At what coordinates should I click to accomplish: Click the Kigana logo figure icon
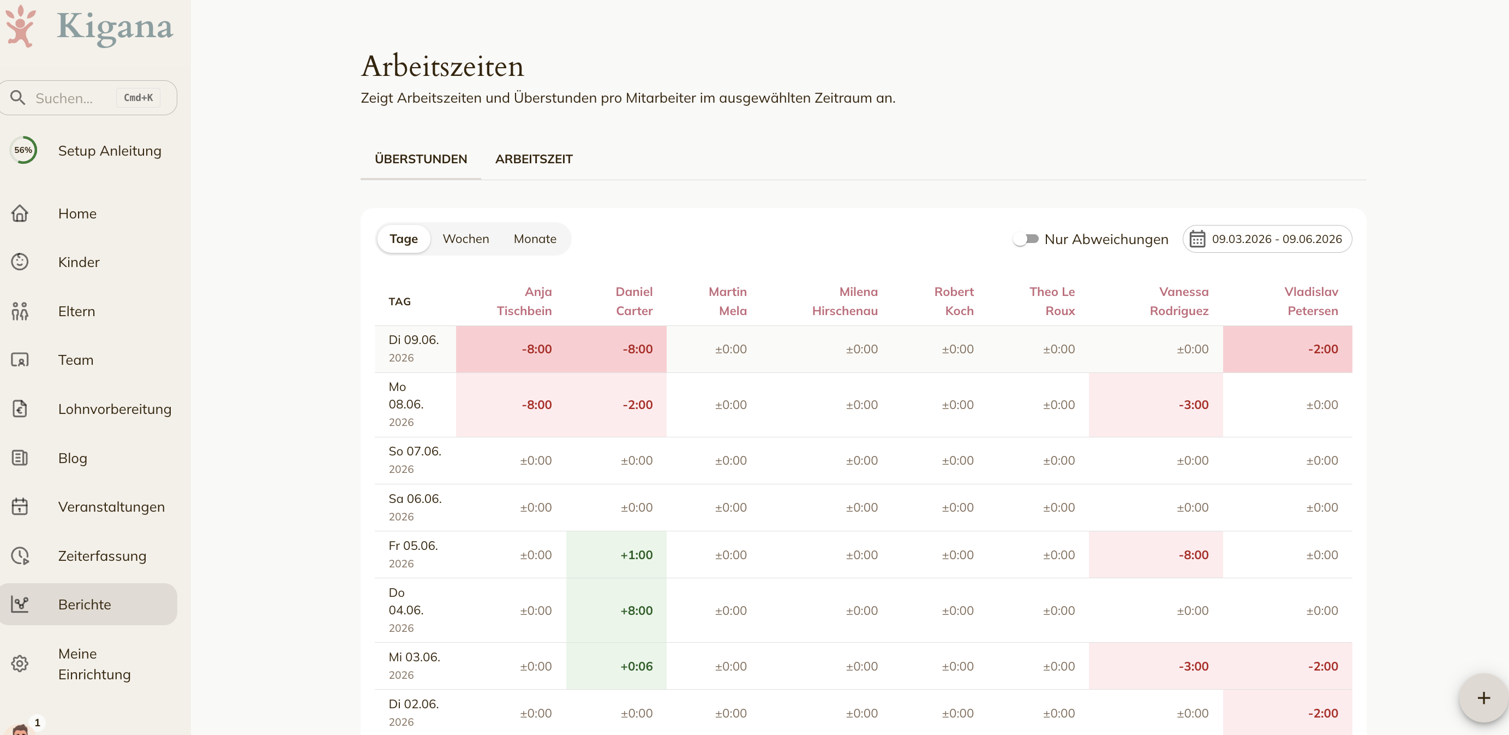21,26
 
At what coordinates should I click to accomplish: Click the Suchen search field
88,98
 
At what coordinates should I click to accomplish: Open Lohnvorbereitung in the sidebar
114,409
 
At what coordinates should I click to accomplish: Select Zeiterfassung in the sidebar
102,556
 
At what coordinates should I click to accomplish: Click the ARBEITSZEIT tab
534,159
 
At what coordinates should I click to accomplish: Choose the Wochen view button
466,239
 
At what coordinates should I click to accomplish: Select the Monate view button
535,239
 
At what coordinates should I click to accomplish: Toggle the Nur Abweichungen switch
1026,239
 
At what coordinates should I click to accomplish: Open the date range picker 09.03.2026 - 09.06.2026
1267,239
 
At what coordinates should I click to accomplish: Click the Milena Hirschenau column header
845,301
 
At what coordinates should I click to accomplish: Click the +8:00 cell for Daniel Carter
636,610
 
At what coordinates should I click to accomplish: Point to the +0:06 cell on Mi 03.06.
636,666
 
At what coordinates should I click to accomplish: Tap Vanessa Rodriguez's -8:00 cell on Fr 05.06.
1193,555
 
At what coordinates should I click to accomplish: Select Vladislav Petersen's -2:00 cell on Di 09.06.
1323,349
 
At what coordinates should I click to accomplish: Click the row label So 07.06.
415,451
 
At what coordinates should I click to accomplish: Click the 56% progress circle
23,150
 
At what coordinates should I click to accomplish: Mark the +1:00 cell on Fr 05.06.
636,555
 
